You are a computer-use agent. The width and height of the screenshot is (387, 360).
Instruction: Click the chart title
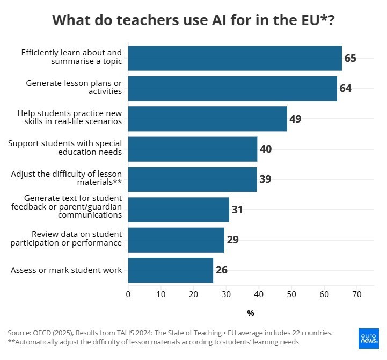pyautogui.click(x=193, y=20)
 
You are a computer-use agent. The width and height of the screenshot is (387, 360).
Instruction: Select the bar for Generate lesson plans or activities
pyautogui.click(x=232, y=88)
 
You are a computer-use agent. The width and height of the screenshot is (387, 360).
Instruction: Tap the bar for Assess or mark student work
pyautogui.click(x=170, y=270)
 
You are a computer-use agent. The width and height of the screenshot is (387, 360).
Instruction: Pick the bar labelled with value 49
pyautogui.click(x=207, y=119)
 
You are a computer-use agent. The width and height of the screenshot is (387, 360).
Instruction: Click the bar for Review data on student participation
pyautogui.click(x=176, y=240)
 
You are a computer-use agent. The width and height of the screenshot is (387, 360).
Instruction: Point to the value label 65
pyautogui.click(x=351, y=58)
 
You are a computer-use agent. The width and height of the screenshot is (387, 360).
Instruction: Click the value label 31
pyautogui.click(x=238, y=210)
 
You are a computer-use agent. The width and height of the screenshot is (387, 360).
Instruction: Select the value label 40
pyautogui.click(x=266, y=149)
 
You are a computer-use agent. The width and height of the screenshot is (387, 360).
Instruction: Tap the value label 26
pyautogui.click(x=222, y=270)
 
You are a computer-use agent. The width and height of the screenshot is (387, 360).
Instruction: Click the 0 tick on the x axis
pyautogui.click(x=128, y=294)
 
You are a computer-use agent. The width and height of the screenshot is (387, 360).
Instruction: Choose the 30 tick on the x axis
pyautogui.click(x=226, y=294)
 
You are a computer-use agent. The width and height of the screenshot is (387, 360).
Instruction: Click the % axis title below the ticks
pyautogui.click(x=251, y=313)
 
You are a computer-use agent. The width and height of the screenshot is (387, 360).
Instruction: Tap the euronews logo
pyautogui.click(x=368, y=338)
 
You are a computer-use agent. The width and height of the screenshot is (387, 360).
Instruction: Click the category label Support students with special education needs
pyautogui.click(x=65, y=148)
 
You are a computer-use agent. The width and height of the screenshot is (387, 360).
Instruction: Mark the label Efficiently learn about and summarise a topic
pyautogui.click(x=71, y=57)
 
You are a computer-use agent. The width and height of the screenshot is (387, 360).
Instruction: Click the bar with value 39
pyautogui.click(x=192, y=179)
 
